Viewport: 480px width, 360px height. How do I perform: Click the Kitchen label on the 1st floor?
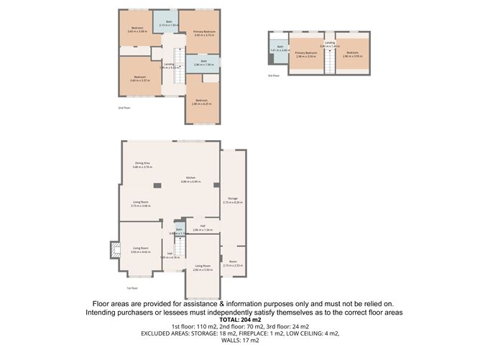[190, 179]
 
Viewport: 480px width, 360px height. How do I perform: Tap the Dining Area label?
[142, 165]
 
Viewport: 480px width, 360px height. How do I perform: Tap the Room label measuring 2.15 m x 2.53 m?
[233, 263]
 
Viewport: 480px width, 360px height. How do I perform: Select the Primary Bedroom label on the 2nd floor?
[204, 33]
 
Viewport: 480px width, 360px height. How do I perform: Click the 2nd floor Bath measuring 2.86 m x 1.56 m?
[203, 63]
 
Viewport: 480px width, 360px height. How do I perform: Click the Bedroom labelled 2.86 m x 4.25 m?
[200, 101]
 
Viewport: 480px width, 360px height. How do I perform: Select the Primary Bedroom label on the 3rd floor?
[307, 55]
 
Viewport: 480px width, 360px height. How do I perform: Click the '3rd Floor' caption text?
[273, 75]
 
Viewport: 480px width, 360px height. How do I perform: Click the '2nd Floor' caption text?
[124, 108]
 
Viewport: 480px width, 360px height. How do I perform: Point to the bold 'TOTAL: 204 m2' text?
[239, 320]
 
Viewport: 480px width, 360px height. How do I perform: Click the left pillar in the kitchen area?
[158, 186]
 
